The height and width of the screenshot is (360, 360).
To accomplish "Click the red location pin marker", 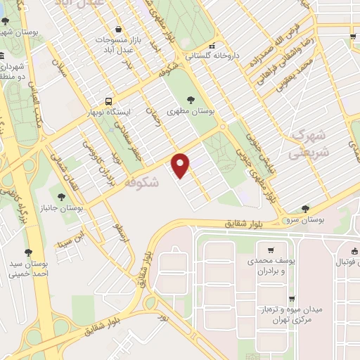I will coord(181,165).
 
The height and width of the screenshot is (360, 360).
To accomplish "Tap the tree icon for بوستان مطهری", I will coord(191,99).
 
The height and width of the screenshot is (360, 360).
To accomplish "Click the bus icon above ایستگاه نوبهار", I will coord(108,101).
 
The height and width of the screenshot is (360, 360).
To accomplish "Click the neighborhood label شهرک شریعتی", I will coord(309,143).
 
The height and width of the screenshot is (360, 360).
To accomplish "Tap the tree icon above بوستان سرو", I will coord(305,209).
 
